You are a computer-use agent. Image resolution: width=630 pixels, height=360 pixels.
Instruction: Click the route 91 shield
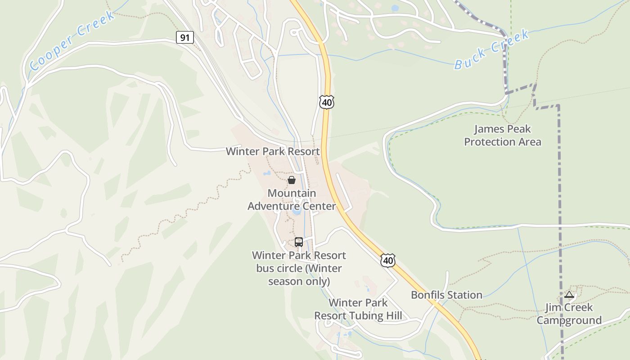point(184,37)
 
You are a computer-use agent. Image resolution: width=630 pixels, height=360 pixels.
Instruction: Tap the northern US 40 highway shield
point(327,103)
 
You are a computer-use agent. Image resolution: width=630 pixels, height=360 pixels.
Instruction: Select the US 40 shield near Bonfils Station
point(387,260)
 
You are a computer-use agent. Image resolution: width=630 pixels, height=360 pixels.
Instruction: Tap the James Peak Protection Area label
point(503,135)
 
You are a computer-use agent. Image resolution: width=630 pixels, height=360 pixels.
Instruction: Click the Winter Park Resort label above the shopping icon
point(273,151)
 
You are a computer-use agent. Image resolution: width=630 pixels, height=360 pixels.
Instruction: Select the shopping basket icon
point(292,180)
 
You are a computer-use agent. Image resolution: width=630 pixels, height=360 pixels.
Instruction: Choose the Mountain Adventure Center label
point(292,200)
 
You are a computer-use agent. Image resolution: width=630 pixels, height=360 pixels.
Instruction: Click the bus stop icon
point(298,242)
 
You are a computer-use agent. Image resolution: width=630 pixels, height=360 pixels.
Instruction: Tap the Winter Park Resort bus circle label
point(299,268)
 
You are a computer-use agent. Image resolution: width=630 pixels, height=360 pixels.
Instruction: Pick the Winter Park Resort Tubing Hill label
point(358,309)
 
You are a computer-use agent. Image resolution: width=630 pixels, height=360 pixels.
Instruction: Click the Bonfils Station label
point(446,295)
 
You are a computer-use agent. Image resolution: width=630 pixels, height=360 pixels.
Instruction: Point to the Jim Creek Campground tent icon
point(569,295)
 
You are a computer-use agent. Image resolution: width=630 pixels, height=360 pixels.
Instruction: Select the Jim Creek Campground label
point(569,314)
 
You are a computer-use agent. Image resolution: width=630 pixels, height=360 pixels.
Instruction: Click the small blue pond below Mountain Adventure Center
point(296,210)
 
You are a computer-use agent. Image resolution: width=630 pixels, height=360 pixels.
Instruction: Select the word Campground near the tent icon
point(569,320)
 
